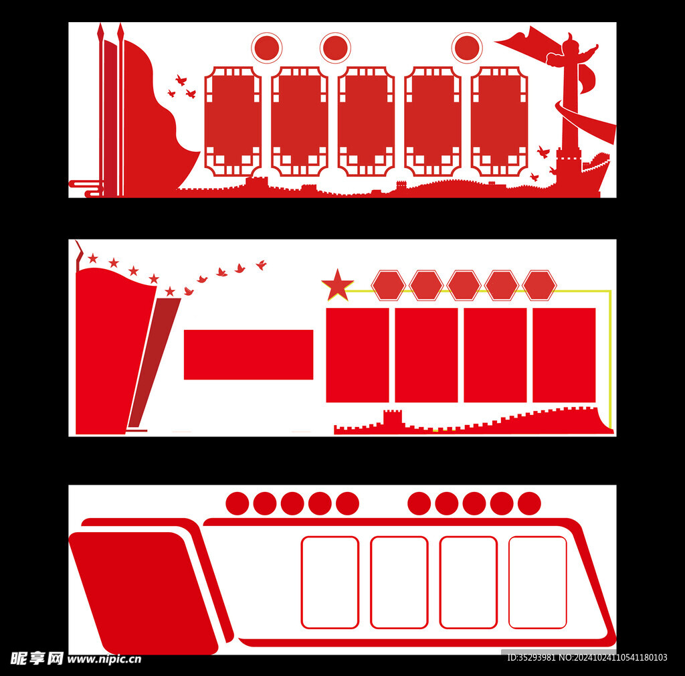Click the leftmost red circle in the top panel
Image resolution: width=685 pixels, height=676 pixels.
coord(267,48)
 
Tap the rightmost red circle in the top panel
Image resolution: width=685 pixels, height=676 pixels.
coord(467,48)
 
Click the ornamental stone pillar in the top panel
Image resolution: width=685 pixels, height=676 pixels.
coord(571,107)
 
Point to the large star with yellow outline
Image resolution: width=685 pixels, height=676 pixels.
coord(338,286)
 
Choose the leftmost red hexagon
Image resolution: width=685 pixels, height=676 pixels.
coord(389,285)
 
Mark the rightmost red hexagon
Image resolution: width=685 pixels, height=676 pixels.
coord(539,285)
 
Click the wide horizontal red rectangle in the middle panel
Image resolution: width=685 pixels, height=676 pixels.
coord(248,355)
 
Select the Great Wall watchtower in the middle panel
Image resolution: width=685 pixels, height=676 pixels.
coord(393,418)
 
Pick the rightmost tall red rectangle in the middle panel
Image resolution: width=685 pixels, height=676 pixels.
coord(564,355)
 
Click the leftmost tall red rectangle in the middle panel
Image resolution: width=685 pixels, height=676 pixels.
coord(357,355)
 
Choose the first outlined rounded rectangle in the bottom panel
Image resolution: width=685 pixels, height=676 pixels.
coord(330,582)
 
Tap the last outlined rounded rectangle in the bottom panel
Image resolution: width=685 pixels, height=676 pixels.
coord(537,582)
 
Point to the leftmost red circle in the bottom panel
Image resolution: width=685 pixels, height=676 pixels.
coord(237,503)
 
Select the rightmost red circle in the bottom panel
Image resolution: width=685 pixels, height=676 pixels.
coord(529,503)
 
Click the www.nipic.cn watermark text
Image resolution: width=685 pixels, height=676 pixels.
coord(104,659)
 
